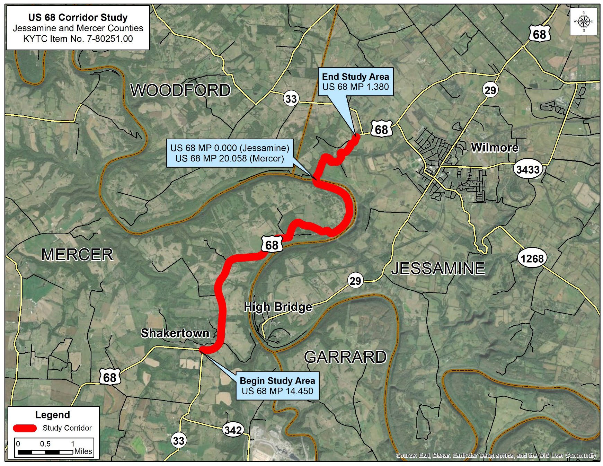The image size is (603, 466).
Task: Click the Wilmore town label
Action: [x=494, y=148]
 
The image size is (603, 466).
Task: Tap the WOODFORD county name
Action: [x=180, y=90]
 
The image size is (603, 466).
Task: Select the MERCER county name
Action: [x=77, y=255]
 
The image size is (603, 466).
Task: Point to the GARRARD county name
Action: [x=345, y=357]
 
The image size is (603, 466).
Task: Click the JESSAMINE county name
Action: [x=438, y=269]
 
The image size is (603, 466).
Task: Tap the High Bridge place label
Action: [x=278, y=307]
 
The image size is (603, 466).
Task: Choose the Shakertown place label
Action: [x=175, y=333]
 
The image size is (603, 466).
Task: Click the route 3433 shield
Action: [x=528, y=169]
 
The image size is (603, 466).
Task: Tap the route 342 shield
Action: [x=233, y=430]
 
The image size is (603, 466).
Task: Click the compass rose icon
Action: [x=584, y=21]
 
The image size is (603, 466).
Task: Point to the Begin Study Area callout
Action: [x=277, y=386]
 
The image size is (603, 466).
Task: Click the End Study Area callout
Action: [x=355, y=82]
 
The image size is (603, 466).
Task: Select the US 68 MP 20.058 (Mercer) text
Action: [x=229, y=158]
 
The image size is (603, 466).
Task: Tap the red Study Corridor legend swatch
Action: [x=25, y=428]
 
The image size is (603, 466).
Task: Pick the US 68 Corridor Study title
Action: [x=78, y=17]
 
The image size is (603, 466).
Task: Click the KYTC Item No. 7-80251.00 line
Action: [x=78, y=39]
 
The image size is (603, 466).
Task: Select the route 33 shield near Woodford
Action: [x=291, y=99]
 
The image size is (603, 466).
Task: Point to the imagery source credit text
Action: [x=496, y=455]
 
